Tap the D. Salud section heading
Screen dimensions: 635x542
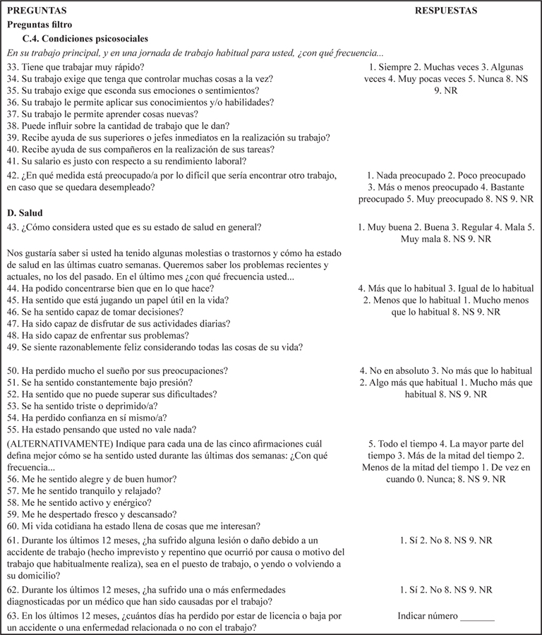pyautogui.click(x=26, y=212)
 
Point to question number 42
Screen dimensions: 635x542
pyautogui.click(x=12, y=175)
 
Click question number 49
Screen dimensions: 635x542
pyautogui.click(x=12, y=346)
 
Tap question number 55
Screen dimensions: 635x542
pyautogui.click(x=12, y=430)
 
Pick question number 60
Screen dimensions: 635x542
pyautogui.click(x=12, y=526)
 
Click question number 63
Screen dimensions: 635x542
pyautogui.click(x=12, y=615)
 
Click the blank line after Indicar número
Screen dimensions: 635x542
pyautogui.click(x=477, y=616)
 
